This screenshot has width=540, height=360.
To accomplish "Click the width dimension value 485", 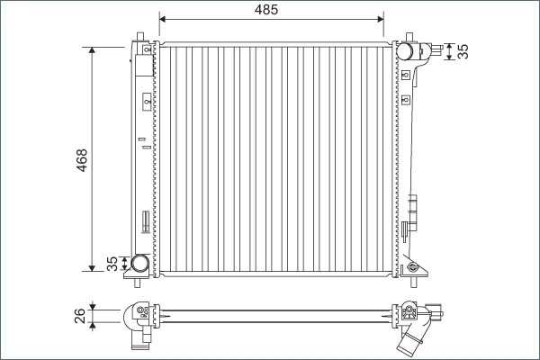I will pyautogui.click(x=271, y=10).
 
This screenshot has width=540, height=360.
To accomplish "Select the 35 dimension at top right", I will pyautogui.click(x=463, y=52).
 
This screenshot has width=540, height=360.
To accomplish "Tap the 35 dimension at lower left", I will pyautogui.click(x=112, y=264).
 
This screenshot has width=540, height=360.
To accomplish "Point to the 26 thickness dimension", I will pyautogui.click(x=80, y=315).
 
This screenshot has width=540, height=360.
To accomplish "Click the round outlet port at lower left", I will pyautogui.click(x=140, y=264).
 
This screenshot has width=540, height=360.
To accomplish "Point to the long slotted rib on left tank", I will pyautogui.click(x=144, y=220).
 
